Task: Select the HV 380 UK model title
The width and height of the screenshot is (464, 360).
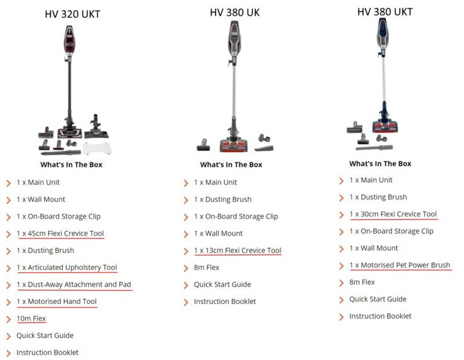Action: click(x=234, y=12)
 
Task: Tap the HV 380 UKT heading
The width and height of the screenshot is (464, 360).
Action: click(x=385, y=11)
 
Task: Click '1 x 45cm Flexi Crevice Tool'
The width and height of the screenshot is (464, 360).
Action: click(x=60, y=233)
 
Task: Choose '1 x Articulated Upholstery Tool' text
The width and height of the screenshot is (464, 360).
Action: click(x=66, y=268)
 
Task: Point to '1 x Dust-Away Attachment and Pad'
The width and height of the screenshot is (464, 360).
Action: click(x=74, y=284)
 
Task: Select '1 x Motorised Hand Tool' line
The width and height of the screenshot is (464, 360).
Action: click(x=56, y=301)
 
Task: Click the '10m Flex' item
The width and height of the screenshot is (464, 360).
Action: click(x=31, y=318)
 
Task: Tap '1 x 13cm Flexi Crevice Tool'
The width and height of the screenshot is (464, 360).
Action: click(x=237, y=250)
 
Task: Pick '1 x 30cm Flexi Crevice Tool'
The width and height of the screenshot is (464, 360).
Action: click(x=393, y=214)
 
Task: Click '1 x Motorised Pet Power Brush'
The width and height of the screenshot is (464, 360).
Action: click(x=399, y=265)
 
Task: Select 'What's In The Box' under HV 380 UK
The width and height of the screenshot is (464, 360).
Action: click(x=231, y=164)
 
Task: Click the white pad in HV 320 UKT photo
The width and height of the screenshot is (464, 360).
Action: click(x=98, y=148)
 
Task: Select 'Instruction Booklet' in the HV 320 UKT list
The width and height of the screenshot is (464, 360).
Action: click(x=47, y=352)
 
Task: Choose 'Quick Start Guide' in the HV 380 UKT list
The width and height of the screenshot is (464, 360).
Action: click(x=379, y=299)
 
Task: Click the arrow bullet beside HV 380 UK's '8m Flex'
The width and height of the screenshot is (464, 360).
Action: click(x=186, y=268)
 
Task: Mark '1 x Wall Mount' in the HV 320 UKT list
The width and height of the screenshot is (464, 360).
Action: click(x=40, y=199)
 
